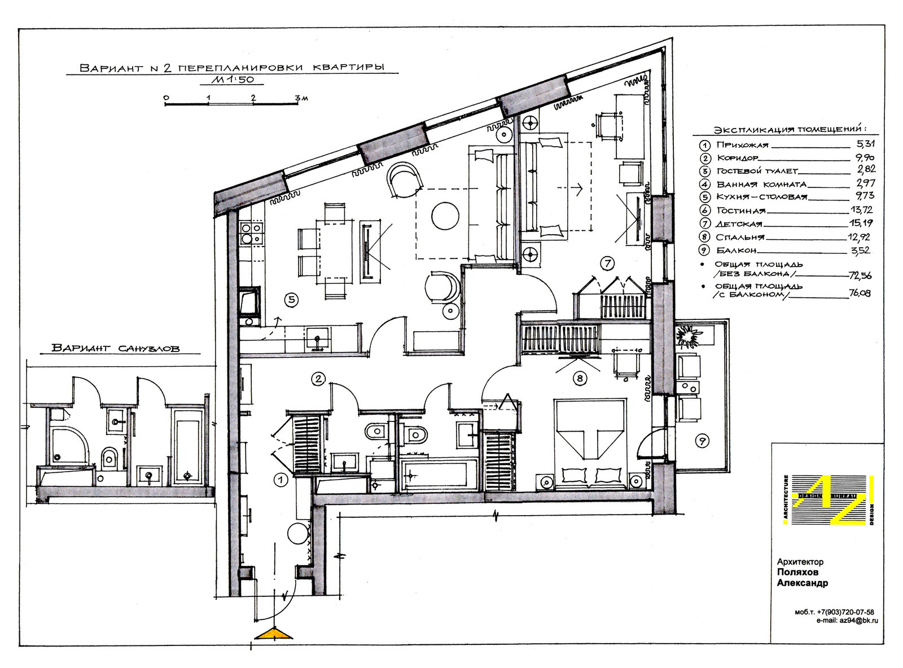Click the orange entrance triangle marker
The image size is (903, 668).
pos(273,634)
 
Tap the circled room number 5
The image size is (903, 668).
pos(291,300)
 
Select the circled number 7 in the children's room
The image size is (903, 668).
pos(607,263)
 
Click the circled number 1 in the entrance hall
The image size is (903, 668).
pos(280,480)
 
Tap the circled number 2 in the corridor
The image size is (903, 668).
pos(318,379)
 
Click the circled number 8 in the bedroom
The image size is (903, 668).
pos(580,379)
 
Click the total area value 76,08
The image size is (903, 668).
pos(860,293)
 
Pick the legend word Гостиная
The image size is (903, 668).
pos(741,210)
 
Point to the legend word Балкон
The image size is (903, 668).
pos(736,250)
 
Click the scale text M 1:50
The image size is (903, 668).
pos(232,80)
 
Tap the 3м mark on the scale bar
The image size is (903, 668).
pos(302,98)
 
